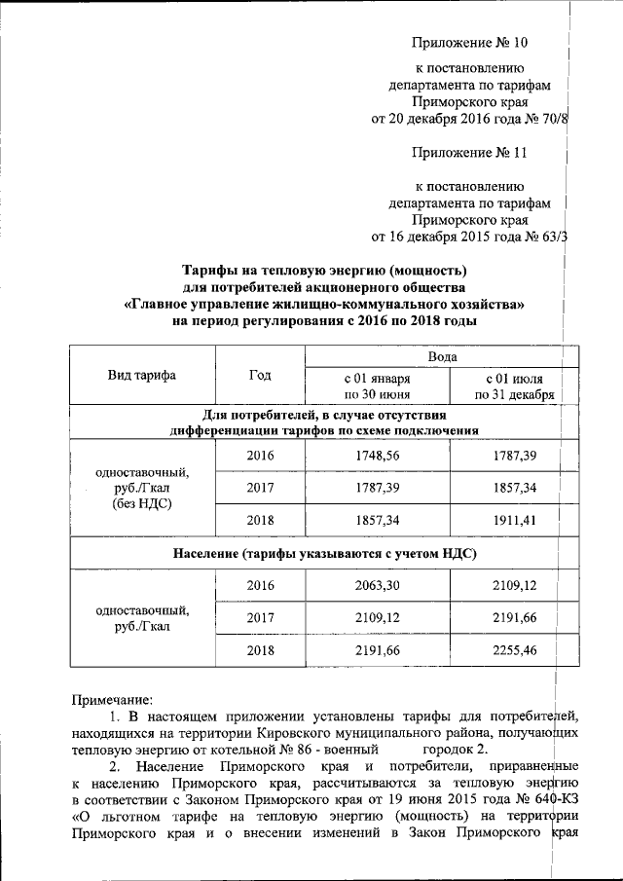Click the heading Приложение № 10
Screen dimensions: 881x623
[x=468, y=43]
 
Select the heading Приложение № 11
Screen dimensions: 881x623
[x=468, y=152]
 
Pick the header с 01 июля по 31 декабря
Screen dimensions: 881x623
[x=515, y=386]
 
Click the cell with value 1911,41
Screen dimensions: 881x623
[x=515, y=520]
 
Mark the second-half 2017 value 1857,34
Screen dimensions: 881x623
[x=515, y=488]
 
